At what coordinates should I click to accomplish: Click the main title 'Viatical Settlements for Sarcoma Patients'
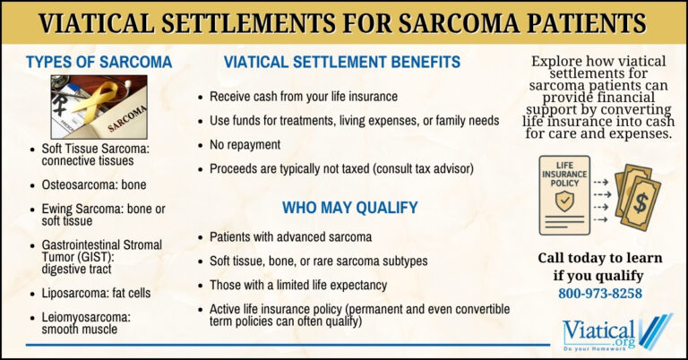coord(344,21)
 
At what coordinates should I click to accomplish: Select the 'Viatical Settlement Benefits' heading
coord(342,63)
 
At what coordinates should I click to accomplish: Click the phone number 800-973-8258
coord(599,293)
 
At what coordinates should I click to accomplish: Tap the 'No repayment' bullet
coord(245,144)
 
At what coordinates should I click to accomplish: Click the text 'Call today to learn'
coord(599,258)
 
